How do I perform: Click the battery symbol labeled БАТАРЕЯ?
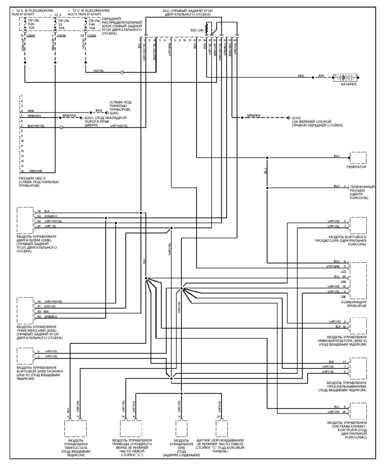click(x=345, y=77)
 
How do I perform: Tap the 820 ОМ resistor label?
click(x=197, y=30)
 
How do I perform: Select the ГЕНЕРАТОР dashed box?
click(x=358, y=158)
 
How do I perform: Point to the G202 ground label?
click(x=114, y=113)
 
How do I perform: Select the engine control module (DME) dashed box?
click(x=25, y=220)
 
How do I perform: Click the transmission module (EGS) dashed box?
click(x=25, y=310)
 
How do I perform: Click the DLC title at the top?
click(x=187, y=13)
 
